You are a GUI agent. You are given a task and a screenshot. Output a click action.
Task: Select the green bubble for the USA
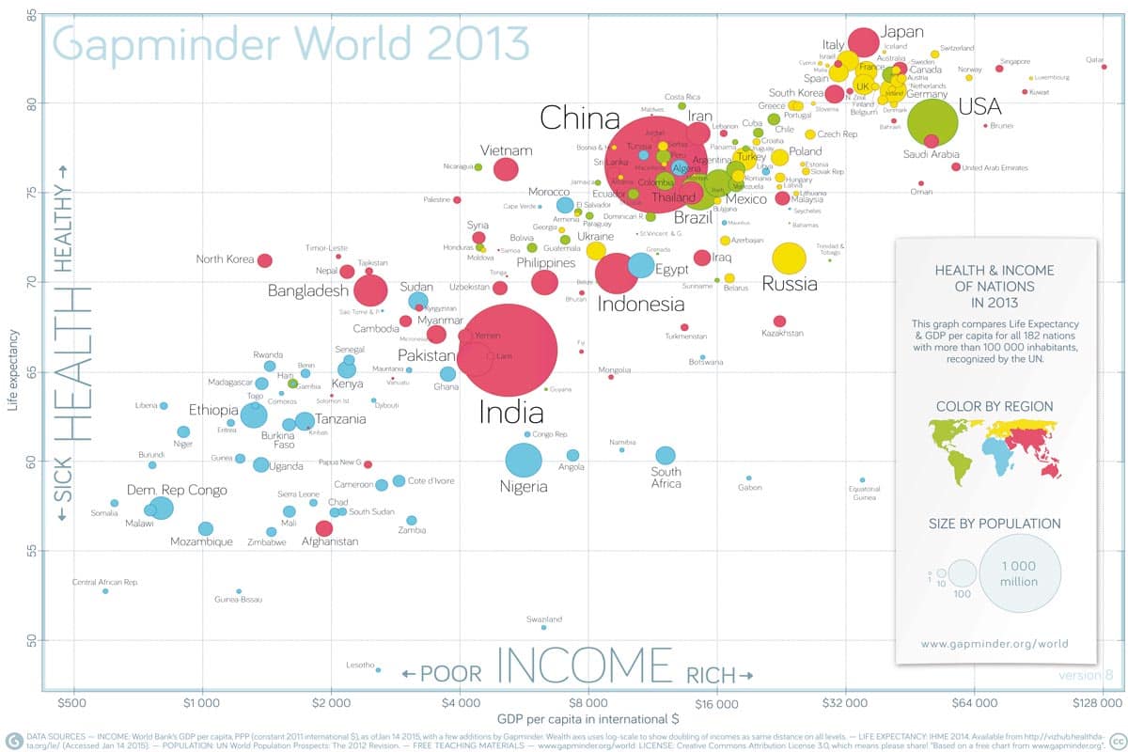[x=932, y=122]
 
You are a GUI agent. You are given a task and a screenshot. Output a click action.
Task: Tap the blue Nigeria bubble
[x=524, y=461]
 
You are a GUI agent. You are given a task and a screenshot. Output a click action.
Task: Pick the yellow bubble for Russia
[x=790, y=258]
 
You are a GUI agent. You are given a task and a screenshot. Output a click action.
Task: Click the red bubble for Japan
[x=864, y=42]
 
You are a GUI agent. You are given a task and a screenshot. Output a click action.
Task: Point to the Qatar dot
[x=1104, y=67]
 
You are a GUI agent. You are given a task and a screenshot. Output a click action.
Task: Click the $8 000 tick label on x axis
[x=587, y=702]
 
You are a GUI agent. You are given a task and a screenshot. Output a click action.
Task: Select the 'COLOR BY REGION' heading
[x=995, y=407]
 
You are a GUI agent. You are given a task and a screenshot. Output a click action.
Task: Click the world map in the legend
[x=995, y=448]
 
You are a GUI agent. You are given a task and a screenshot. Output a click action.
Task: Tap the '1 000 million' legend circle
[x=1020, y=573]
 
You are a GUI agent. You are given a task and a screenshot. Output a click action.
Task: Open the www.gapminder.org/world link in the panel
[x=995, y=645]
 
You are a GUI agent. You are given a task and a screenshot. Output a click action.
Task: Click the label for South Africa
[x=666, y=478]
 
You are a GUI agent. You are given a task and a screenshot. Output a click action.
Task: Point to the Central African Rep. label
[x=105, y=583]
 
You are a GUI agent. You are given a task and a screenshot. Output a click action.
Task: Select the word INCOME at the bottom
[x=572, y=664]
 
